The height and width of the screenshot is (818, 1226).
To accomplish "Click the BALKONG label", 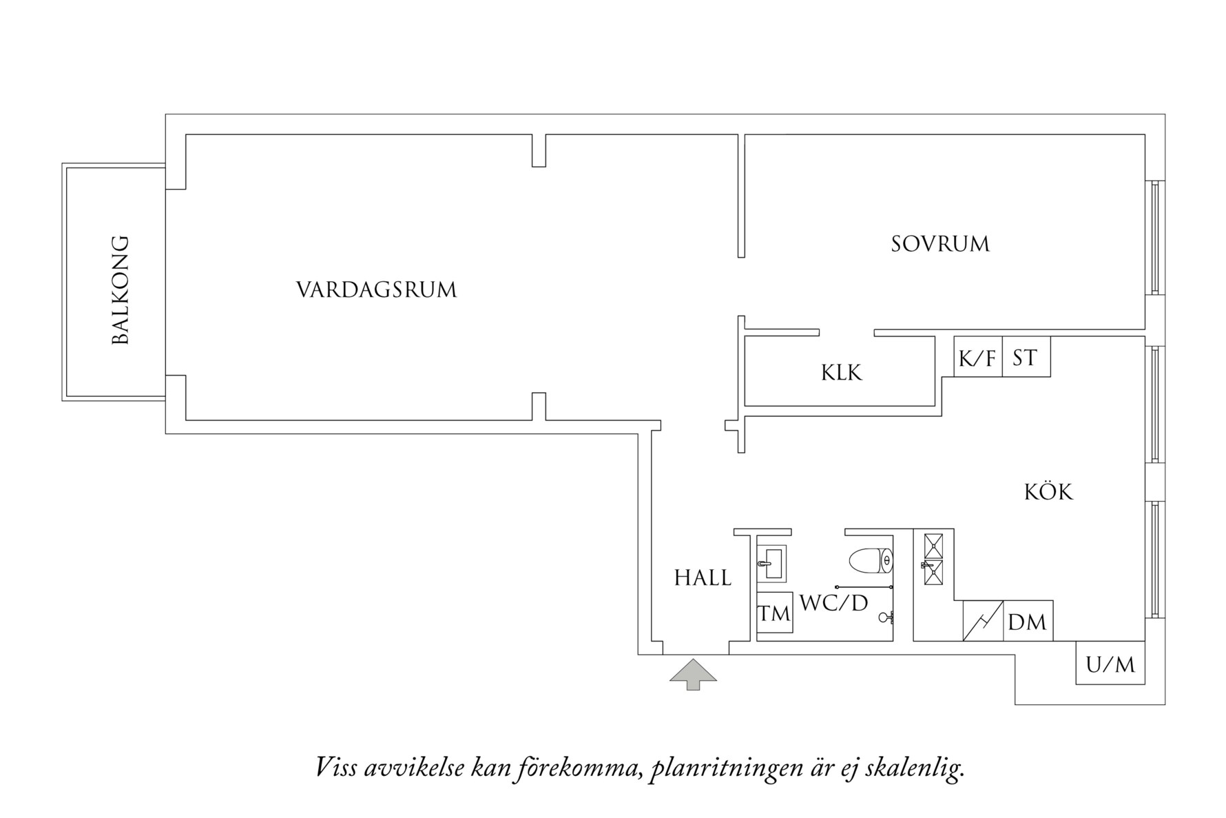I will tap(120, 290).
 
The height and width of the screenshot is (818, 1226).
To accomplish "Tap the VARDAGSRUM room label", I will tap(377, 290).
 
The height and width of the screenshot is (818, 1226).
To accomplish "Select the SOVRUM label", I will tap(940, 245).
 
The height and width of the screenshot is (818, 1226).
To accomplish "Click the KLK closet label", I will tap(841, 373).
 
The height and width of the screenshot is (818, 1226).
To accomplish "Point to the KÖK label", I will tap(1048, 492).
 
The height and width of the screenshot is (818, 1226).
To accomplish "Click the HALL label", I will tap(703, 578).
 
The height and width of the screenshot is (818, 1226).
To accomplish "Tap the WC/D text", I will tap(833, 604).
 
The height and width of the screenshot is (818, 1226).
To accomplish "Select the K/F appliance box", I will tap(977, 357).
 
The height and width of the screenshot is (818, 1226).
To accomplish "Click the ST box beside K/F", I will tap(1026, 357).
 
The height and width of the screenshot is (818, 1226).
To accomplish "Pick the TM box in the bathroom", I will tap(774, 613).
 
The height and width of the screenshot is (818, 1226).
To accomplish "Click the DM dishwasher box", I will tap(1028, 622).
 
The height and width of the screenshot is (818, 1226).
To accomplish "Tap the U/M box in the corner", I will tap(1110, 664).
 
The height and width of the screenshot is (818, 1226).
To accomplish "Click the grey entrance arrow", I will tap(693, 673).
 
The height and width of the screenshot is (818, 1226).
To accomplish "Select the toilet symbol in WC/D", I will tap(871, 561).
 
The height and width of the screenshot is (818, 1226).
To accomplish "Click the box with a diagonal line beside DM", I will tap(983, 621).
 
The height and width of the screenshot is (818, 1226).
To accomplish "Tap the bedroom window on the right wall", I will tap(1155, 238).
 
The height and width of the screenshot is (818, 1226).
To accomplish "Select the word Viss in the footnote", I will tap(336, 766).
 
